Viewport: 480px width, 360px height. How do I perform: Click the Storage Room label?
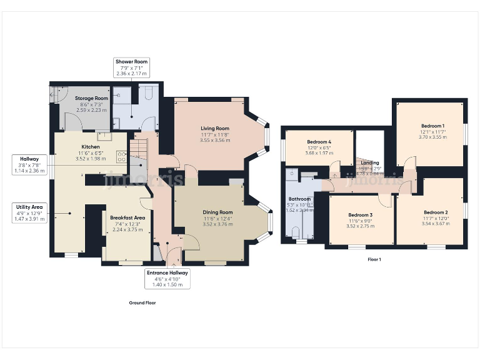[92, 99]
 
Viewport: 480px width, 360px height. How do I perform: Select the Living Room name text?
[216, 129]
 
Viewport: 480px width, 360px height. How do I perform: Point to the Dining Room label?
[217, 212]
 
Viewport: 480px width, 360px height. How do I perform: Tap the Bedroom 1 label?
[432, 126]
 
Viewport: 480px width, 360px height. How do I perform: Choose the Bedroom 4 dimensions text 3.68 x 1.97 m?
[319, 153]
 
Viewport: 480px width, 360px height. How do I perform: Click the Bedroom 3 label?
[360, 214]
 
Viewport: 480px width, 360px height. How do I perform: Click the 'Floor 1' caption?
[374, 259]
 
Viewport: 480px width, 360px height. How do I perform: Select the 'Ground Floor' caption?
[142, 302]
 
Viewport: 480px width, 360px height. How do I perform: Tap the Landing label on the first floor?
[370, 163]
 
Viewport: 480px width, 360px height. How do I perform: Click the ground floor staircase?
[141, 150]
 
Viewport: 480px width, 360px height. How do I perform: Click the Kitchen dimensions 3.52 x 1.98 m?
[92, 158]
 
